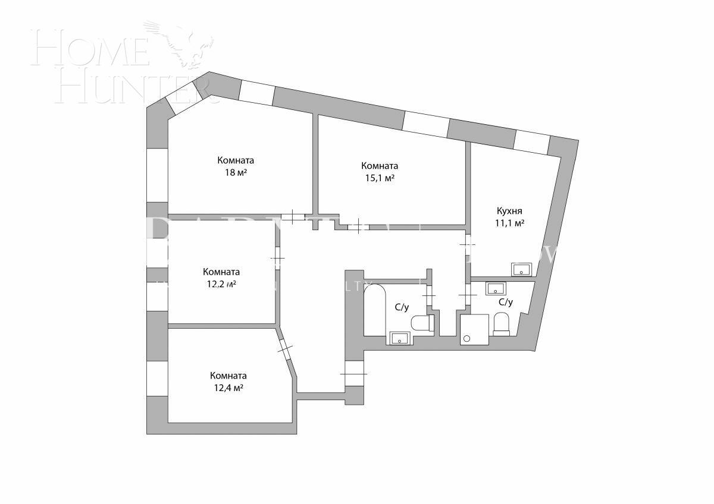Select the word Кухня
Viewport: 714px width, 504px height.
pyautogui.click(x=509, y=211)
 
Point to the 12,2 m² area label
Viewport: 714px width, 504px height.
pyautogui.click(x=221, y=284)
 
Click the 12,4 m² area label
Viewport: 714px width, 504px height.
pyautogui.click(x=228, y=388)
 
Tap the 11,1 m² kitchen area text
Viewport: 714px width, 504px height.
pyautogui.click(x=509, y=223)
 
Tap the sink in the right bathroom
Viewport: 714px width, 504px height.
pyautogui.click(x=496, y=289)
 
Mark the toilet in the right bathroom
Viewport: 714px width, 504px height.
pyautogui.click(x=502, y=325)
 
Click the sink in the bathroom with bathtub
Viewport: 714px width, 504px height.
pyautogui.click(x=399, y=339)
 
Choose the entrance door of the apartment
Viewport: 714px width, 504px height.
pyautogui.click(x=353, y=373)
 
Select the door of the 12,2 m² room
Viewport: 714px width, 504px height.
pyautogui.click(x=278, y=258)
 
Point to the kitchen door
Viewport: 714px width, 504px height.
pyautogui.click(x=468, y=244)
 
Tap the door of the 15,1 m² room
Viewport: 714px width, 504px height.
pyautogui.click(x=358, y=226)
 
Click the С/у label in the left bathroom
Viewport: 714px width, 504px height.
pyautogui.click(x=402, y=307)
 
